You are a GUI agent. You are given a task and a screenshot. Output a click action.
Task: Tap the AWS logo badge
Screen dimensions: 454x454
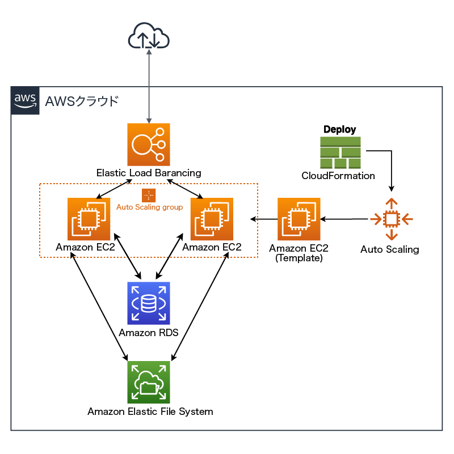26,101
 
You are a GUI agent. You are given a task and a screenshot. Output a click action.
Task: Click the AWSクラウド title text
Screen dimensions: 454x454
82,101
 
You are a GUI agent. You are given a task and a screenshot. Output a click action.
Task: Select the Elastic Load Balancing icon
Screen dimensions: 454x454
149,144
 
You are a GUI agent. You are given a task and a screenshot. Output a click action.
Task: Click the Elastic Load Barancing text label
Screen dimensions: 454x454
149,172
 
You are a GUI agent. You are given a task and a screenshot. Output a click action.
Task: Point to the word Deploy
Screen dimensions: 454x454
339,130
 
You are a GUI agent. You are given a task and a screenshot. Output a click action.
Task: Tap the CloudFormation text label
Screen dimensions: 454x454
338,176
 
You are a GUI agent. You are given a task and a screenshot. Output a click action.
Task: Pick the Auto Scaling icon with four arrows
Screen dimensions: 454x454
390,219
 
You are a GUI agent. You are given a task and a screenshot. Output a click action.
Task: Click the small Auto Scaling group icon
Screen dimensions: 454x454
149,196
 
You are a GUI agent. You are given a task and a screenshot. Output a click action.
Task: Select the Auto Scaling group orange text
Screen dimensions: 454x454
150,207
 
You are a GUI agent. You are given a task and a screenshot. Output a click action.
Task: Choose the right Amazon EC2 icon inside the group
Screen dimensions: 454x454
212,219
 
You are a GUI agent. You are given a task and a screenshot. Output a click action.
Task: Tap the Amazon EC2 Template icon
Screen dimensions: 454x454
299,219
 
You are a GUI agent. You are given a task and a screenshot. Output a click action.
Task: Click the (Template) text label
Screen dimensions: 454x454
299,258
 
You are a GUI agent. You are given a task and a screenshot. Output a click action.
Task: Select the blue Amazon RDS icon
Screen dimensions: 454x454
149,303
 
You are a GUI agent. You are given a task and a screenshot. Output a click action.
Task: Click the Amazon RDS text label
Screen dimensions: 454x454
149,333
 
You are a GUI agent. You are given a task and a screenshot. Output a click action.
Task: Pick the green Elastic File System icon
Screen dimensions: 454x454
149,382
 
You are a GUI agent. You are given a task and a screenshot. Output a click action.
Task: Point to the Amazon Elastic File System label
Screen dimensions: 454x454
150,411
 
